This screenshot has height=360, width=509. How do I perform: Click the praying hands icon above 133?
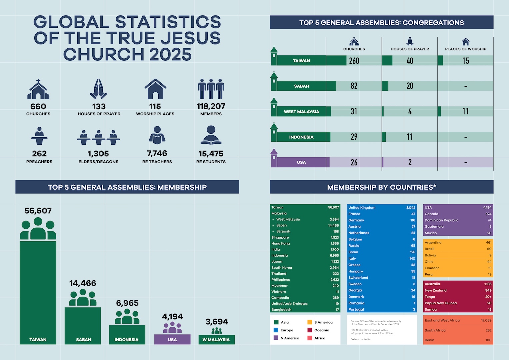98,89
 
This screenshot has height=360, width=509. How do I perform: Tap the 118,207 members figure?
211,106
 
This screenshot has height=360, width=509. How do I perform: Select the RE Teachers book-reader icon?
157,135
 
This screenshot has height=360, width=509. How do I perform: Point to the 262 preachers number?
39,154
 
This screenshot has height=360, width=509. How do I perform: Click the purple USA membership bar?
172,339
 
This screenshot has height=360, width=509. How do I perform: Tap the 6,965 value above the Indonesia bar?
127,303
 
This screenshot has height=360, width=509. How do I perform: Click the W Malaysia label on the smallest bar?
216,340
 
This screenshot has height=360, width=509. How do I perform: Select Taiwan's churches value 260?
354,61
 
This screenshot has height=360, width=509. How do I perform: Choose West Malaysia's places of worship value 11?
465,111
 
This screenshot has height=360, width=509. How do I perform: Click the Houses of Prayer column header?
410,49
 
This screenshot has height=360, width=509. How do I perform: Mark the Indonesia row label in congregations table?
301,137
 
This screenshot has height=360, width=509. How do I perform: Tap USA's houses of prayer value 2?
410,162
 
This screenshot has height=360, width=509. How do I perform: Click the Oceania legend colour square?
310,330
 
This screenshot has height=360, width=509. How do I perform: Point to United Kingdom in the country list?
362,207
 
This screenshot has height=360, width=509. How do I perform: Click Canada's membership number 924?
488,214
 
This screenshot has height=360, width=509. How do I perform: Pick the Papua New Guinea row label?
441,303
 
